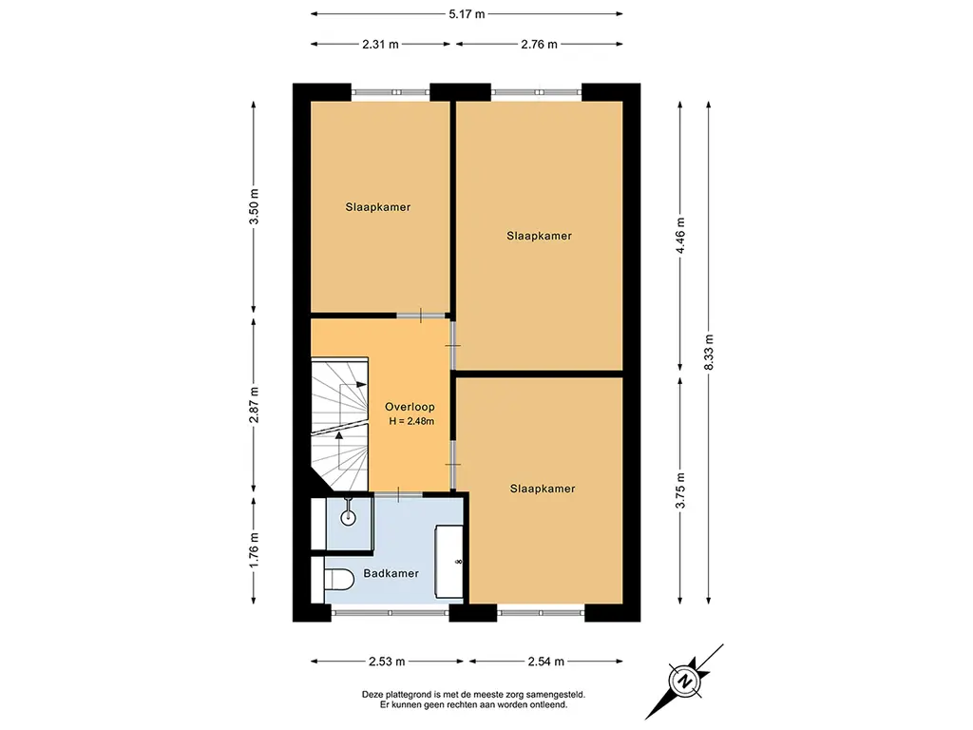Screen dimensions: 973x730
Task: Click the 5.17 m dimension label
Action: pyautogui.click(x=467, y=13)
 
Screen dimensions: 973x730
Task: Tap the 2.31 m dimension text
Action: pyautogui.click(x=380, y=44)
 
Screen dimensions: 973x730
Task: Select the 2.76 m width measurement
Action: pyautogui.click(x=540, y=44)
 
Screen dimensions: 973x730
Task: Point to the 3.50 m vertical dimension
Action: pyautogui.click(x=253, y=206)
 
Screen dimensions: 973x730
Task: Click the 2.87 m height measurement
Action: pyautogui.click(x=253, y=405)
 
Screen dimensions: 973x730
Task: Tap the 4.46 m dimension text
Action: pyautogui.click(x=680, y=236)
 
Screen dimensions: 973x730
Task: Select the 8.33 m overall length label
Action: pyautogui.click(x=709, y=352)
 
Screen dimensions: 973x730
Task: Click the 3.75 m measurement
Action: pyautogui.click(x=680, y=490)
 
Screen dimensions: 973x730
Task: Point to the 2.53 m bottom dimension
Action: pyautogui.click(x=387, y=662)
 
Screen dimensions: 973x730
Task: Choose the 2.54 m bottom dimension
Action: pyautogui.click(x=546, y=662)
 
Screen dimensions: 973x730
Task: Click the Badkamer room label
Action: pyautogui.click(x=391, y=573)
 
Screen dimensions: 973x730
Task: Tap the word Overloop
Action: pyautogui.click(x=410, y=407)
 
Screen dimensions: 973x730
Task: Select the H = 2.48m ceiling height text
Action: pyautogui.click(x=411, y=421)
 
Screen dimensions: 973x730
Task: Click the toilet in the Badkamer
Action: pyautogui.click(x=339, y=580)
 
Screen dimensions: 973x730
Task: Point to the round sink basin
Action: pyautogui.click(x=348, y=517)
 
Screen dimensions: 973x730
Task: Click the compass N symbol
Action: pyautogui.click(x=685, y=681)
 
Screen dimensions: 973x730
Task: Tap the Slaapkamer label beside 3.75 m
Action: pyautogui.click(x=543, y=490)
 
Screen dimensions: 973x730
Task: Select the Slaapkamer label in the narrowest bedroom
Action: pyautogui.click(x=378, y=207)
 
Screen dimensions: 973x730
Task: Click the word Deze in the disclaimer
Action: pyautogui.click(x=372, y=695)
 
